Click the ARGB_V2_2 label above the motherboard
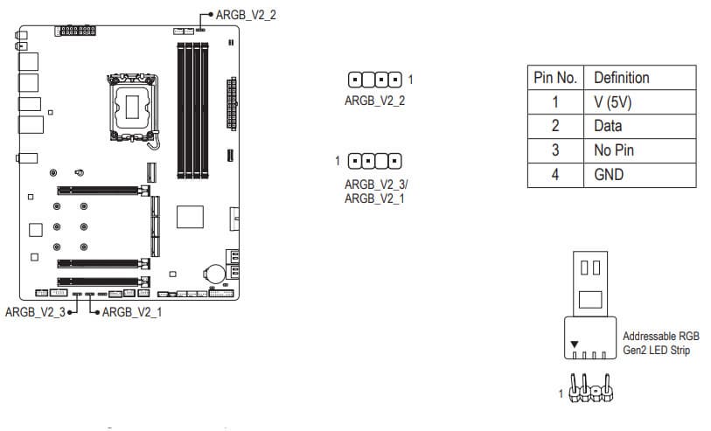[246, 15]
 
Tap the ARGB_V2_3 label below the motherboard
[35, 312]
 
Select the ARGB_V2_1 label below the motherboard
[132, 312]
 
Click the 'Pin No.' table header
[555, 78]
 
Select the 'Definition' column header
[622, 78]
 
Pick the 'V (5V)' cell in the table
[612, 102]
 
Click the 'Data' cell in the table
[608, 126]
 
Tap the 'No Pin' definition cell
[614, 150]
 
